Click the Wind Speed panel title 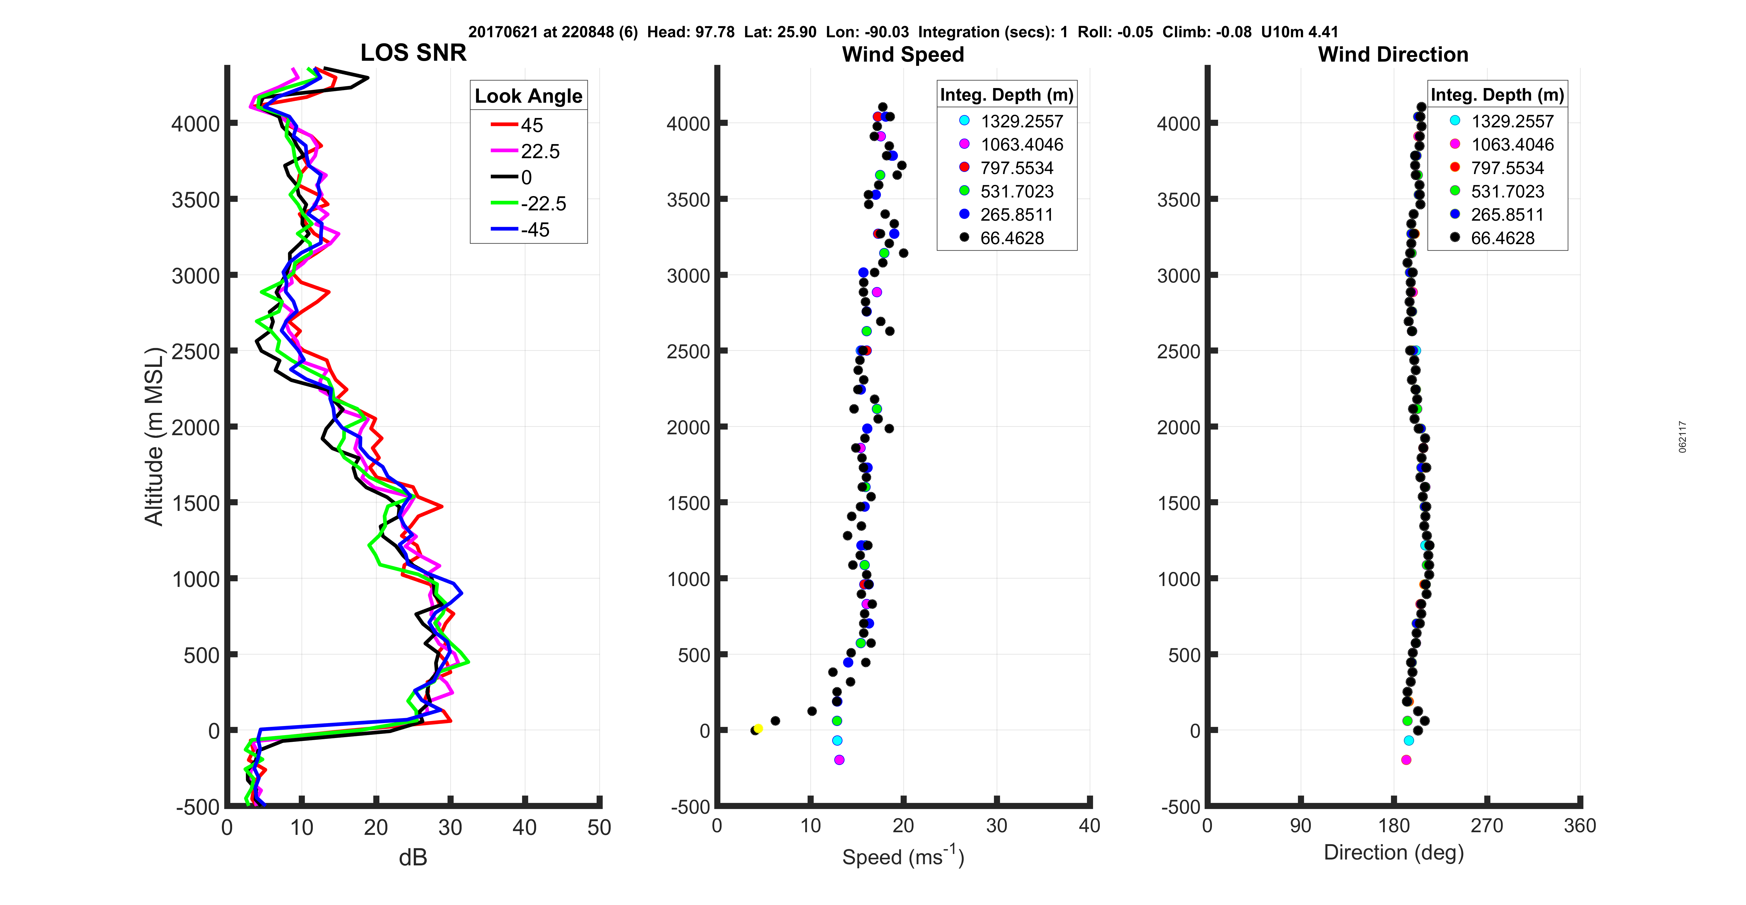click(903, 54)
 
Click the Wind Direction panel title click(1393, 54)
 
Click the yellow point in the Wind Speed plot click(759, 728)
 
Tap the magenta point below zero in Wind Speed click(839, 760)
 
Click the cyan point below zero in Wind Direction click(1409, 740)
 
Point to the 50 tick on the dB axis click(599, 828)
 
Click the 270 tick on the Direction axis click(1487, 826)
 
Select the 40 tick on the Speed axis click(1089, 826)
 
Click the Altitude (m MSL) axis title click(155, 436)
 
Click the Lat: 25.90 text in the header click(780, 32)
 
